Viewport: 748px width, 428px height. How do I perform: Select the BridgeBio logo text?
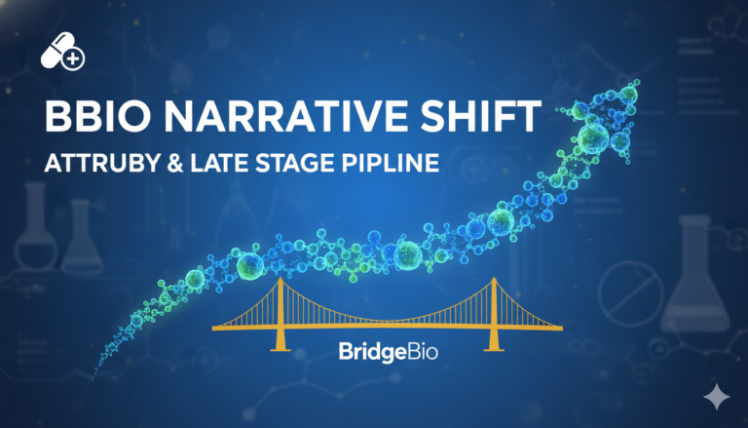click(x=374, y=350)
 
